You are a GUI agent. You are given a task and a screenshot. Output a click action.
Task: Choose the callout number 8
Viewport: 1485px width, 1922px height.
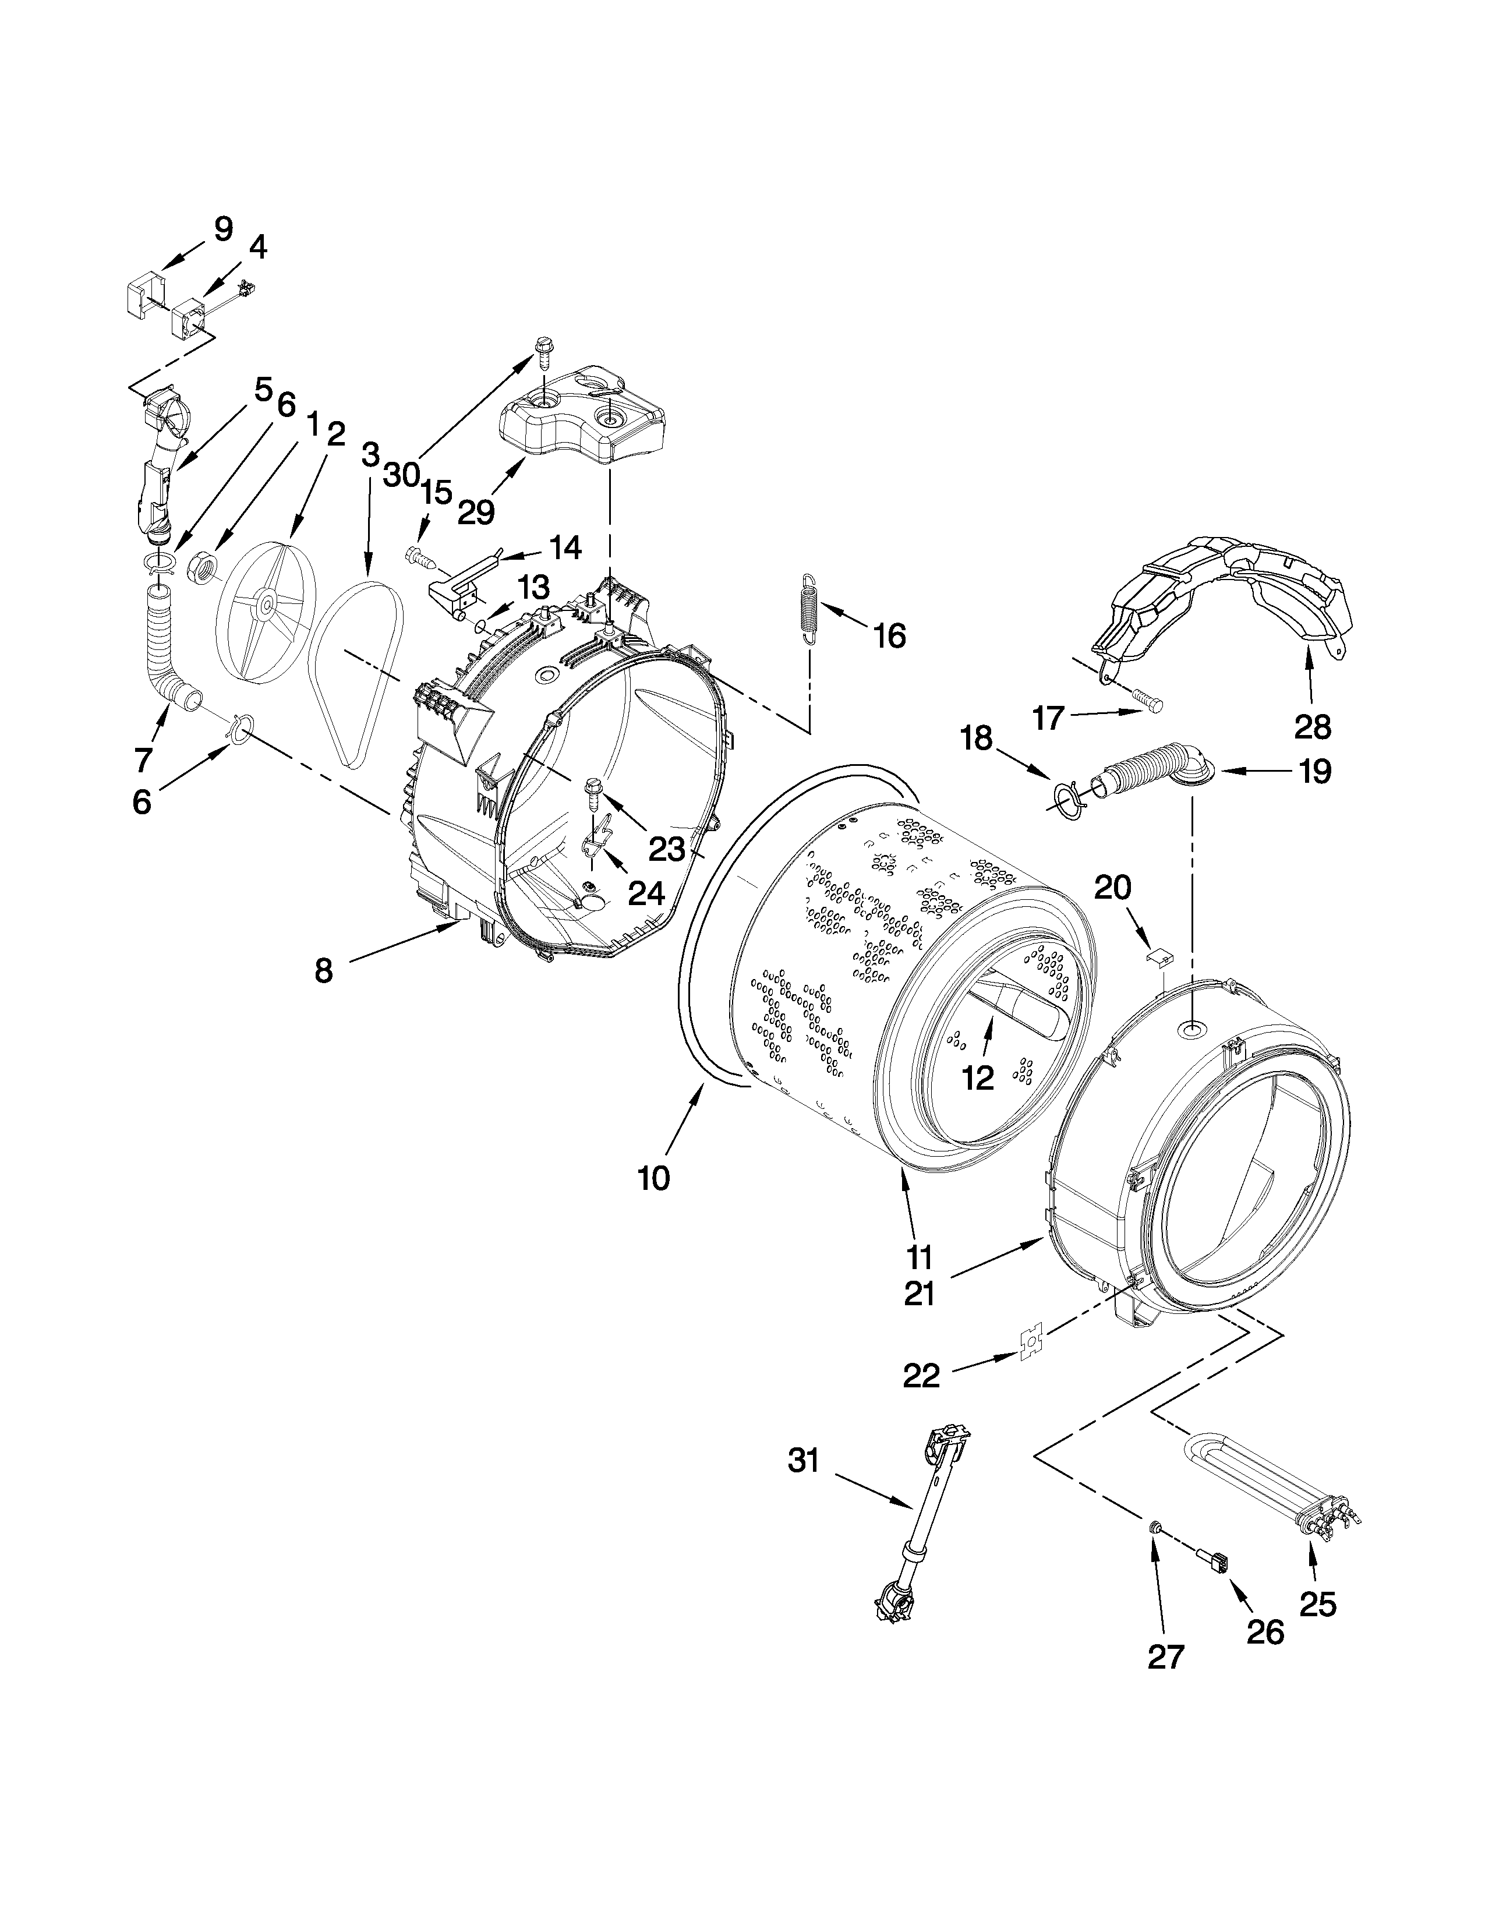[x=324, y=971]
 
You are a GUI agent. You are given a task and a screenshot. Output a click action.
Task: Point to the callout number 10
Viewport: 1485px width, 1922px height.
[x=653, y=1178]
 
